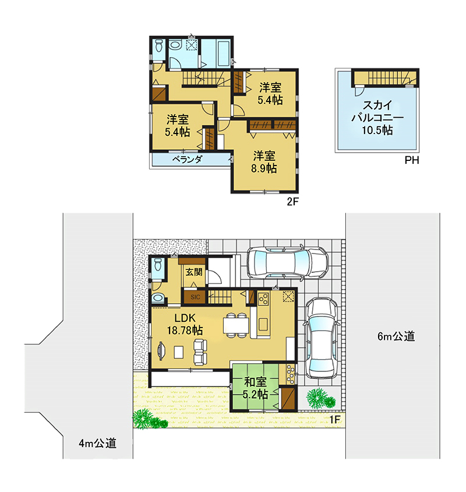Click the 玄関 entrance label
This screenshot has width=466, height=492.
coord(194,272)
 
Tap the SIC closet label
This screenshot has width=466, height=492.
coord(195,297)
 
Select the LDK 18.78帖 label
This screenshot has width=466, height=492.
coord(185,324)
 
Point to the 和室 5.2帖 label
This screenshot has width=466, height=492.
coord(255,388)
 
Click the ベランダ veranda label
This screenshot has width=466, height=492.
coord(187,159)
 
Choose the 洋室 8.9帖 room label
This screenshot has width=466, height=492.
coord(264,162)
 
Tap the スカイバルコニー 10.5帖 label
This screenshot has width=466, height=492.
coord(377,117)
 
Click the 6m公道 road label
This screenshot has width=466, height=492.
coord(396,336)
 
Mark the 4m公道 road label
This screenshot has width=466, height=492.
coord(97,444)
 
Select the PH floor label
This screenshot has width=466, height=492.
coord(412,160)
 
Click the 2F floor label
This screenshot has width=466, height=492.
coord(292,202)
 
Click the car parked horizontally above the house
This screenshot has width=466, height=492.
coord(288,262)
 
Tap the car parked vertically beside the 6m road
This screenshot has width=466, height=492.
coord(322,339)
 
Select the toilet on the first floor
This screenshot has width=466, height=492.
coord(157,265)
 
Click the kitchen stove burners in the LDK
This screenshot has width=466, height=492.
coord(263,298)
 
